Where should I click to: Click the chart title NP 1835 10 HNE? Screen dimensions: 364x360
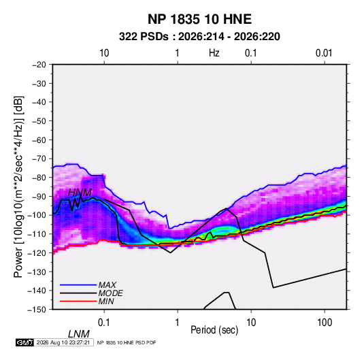pyautogui.click(x=199, y=19)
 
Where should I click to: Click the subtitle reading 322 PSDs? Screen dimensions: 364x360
pyautogui.click(x=144, y=37)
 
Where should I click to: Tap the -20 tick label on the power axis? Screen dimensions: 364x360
pyautogui.click(x=39, y=65)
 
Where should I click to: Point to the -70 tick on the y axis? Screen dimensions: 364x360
pyautogui.click(x=39, y=159)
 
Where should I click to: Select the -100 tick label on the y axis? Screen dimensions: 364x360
pyautogui.click(x=37, y=215)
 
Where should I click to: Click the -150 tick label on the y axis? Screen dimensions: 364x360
pyautogui.click(x=37, y=310)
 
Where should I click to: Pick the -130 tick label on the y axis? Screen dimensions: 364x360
pyautogui.click(x=37, y=272)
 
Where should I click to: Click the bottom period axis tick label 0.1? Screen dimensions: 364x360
pyautogui.click(x=104, y=323)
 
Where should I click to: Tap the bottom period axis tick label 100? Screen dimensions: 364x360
pyautogui.click(x=325, y=323)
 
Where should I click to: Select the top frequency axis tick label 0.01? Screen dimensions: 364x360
pyautogui.click(x=324, y=53)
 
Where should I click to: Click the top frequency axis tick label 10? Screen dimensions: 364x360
pyautogui.click(x=104, y=53)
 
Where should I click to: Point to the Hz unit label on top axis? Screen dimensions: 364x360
pyautogui.click(x=214, y=53)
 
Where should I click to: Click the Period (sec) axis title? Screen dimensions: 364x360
pyautogui.click(x=214, y=330)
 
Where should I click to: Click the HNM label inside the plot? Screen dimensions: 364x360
pyautogui.click(x=80, y=193)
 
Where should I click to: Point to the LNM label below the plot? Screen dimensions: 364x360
pyautogui.click(x=79, y=334)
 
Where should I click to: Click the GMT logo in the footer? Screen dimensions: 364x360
pyautogui.click(x=24, y=342)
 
